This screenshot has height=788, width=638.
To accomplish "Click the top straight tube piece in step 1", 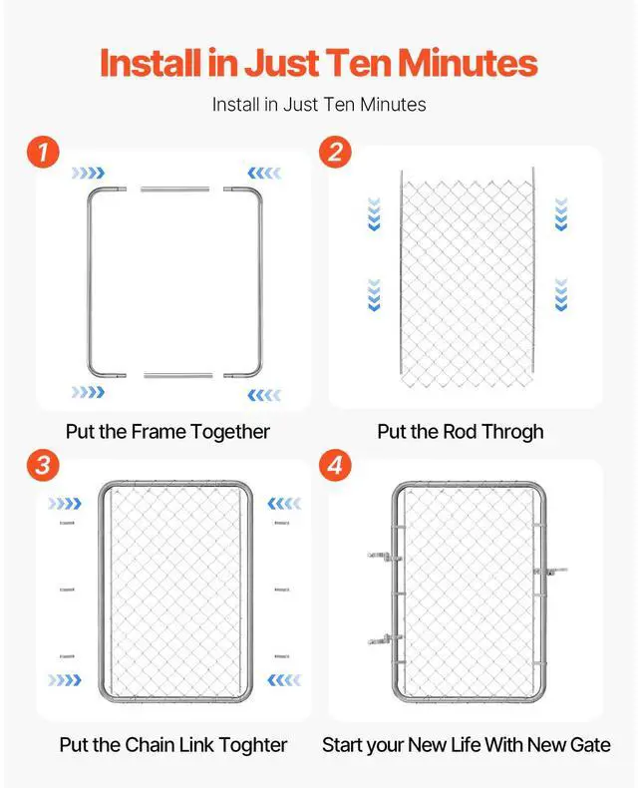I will click(175, 189).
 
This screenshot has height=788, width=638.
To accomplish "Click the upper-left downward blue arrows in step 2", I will click(375, 213).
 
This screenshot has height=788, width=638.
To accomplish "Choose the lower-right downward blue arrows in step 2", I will click(560, 294).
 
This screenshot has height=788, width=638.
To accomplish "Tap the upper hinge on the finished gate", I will click(382, 554).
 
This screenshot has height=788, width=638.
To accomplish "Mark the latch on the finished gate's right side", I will click(552, 572).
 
